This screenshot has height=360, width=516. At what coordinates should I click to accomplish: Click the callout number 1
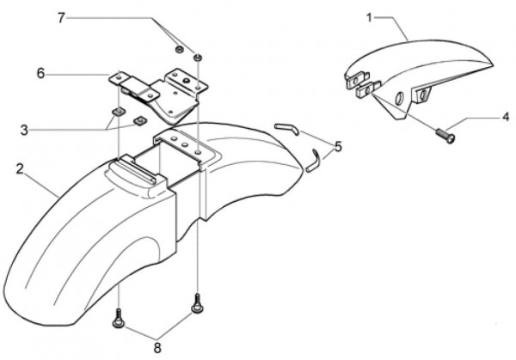[369, 17]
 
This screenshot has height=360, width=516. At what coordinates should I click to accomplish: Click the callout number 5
[338, 147]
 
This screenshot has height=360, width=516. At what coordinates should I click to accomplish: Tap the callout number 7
[85, 17]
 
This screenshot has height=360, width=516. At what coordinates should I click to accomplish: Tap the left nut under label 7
[175, 50]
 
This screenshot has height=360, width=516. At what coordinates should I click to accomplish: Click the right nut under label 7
[198, 57]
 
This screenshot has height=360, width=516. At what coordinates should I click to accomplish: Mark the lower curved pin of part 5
[316, 161]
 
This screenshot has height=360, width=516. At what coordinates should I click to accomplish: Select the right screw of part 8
[198, 302]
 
